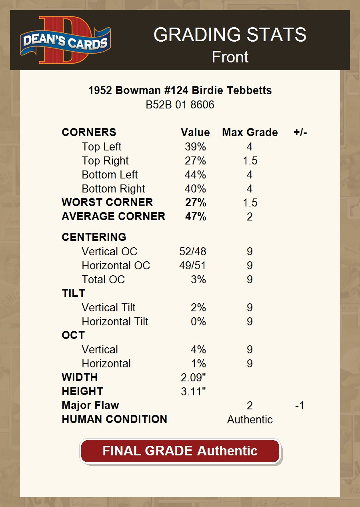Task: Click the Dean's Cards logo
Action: coord(65,40)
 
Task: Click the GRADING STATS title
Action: coord(230,35)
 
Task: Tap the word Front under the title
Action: coord(230,57)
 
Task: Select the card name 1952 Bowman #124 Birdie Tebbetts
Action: coord(180,90)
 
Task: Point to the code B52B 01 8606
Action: coord(180,105)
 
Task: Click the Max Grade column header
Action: coord(250,132)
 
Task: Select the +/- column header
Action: coord(300,132)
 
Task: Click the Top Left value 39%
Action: coord(195,147)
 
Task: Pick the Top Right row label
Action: coord(105,161)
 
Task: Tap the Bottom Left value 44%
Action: coord(195,175)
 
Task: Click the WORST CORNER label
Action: coord(107,202)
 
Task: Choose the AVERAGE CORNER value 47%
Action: coord(196,216)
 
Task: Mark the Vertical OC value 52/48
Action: coord(193,252)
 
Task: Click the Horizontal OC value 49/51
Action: coord(193,266)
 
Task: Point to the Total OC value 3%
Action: coord(198,280)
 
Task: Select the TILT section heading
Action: coord(74,293)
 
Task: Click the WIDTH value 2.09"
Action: coord(193,377)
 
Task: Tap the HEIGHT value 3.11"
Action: coord(193,391)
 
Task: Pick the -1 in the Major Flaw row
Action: coord(300,406)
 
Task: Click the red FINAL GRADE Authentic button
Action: coord(180,451)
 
